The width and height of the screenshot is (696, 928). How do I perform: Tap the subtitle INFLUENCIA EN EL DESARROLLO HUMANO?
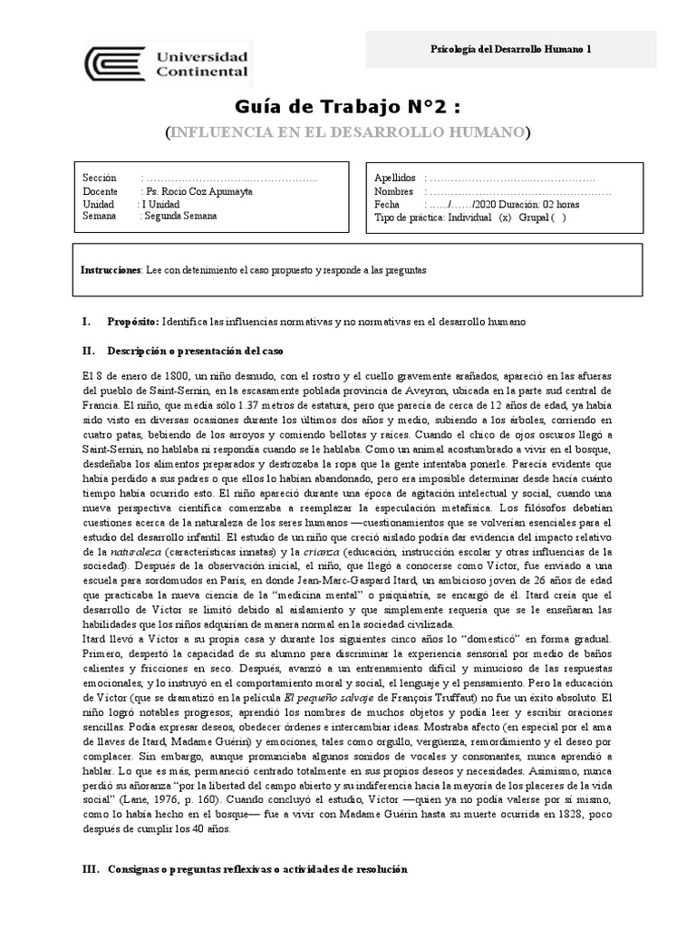348,133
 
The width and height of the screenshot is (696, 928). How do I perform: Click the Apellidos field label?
395,179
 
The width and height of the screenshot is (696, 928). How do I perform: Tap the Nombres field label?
394,192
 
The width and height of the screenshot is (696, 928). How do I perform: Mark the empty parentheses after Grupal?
559,217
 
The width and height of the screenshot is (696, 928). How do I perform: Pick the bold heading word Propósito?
132,322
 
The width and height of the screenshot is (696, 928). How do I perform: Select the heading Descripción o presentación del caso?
204,349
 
